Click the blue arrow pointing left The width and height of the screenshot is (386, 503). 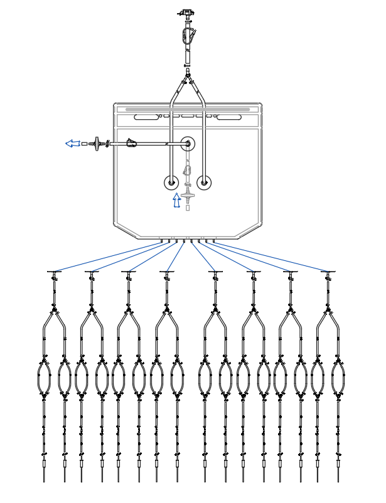pos(72,144)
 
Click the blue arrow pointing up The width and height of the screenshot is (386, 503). pos(177,201)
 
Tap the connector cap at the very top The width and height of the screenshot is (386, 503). pos(186,12)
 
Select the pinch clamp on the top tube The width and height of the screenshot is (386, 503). pos(186,36)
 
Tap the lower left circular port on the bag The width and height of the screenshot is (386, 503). pos(171,183)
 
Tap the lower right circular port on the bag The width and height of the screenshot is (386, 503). pos(203,183)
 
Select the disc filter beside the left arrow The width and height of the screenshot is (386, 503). pos(97,144)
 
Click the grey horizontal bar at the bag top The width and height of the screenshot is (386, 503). pos(188,109)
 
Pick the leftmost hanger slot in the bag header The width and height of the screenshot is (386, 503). pos(147,117)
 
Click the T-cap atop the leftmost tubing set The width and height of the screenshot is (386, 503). pos(55,272)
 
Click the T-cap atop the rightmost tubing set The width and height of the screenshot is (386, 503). pos(327,272)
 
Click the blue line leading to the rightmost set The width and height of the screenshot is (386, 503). pos(270,256)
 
